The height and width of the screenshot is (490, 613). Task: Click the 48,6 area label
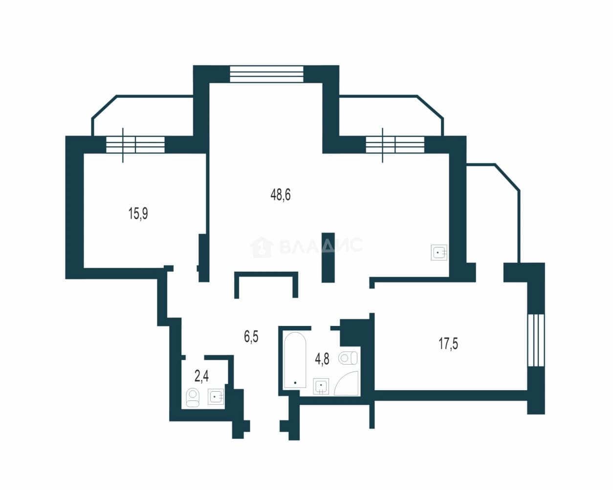[281, 195]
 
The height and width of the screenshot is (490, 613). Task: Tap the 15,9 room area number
[138, 213]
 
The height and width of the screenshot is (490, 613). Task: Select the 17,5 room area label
[448, 344]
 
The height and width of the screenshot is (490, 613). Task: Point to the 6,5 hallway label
[251, 336]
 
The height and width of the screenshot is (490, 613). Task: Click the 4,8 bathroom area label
[322, 359]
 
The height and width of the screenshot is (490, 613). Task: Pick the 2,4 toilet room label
[201, 376]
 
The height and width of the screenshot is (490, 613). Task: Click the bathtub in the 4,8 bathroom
[295, 360]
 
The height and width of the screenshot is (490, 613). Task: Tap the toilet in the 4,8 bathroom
[348, 358]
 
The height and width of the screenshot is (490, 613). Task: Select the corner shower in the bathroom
[347, 383]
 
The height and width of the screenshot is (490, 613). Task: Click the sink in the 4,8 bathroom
[321, 386]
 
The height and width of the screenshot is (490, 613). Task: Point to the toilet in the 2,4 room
[193, 398]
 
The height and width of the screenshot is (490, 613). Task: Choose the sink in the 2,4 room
[216, 397]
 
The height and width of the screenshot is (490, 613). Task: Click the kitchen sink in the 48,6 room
[439, 253]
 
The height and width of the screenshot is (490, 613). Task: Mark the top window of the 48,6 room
[266, 74]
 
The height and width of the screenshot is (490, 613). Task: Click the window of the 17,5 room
[536, 340]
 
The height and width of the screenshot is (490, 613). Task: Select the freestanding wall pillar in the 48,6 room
[328, 257]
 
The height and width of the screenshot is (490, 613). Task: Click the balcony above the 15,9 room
[142, 116]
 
